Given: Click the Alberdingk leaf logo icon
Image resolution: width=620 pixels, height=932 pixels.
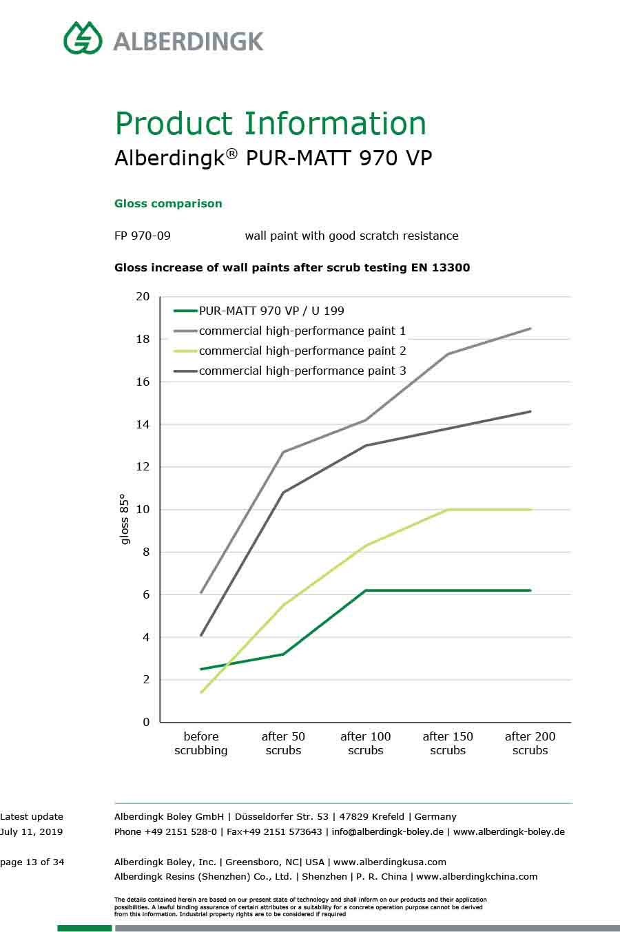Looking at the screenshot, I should (x=83, y=38).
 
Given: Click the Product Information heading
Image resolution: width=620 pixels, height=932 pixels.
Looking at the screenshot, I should (x=270, y=124).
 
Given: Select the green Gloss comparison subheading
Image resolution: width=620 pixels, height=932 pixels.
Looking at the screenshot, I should (x=168, y=204).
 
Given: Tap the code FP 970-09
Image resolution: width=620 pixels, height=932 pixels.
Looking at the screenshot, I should (x=143, y=236).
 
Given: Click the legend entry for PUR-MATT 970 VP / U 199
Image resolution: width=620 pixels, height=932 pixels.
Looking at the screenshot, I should (x=271, y=311).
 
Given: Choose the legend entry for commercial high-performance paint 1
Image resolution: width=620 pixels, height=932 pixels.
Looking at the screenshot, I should (x=302, y=331).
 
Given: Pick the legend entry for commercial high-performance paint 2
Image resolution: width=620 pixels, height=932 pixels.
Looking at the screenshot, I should (x=302, y=351).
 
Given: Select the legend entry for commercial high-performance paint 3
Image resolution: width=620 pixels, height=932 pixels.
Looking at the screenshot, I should (x=302, y=371).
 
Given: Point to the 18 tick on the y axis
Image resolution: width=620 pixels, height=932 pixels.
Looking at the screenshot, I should (x=143, y=339).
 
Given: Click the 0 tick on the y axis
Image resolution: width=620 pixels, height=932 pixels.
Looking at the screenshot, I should (x=146, y=722).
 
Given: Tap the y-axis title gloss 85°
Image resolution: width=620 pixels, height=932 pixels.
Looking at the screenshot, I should (x=125, y=519).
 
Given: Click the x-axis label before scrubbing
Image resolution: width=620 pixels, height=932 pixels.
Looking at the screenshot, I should (x=201, y=743).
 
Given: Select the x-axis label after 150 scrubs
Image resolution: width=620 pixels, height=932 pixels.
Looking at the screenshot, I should (x=448, y=743).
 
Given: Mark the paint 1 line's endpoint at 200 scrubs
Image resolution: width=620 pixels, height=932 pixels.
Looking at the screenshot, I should (x=530, y=329).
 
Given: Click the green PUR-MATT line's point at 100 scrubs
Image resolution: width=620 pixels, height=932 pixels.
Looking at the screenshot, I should (x=366, y=590).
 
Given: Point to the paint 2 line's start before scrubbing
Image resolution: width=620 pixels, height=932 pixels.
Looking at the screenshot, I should (x=201, y=692).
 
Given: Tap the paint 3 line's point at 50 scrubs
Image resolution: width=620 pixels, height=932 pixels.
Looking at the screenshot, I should (x=283, y=493).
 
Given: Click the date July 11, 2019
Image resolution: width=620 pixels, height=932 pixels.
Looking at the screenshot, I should (x=32, y=831).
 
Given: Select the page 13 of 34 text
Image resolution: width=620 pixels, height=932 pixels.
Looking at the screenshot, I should (x=32, y=862).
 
